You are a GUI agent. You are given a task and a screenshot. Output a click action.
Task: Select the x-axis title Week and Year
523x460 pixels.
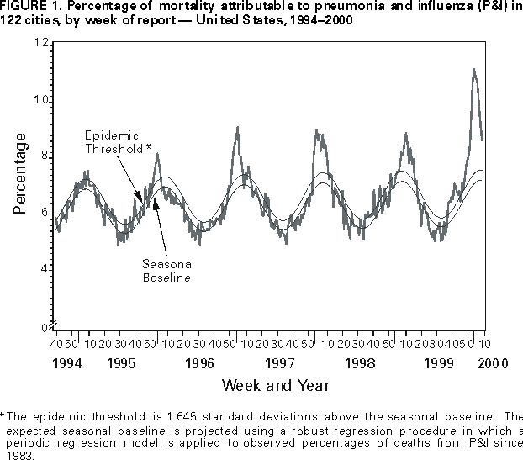[276, 385]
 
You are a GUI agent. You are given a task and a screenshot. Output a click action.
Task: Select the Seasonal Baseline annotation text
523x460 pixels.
[165, 269]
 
